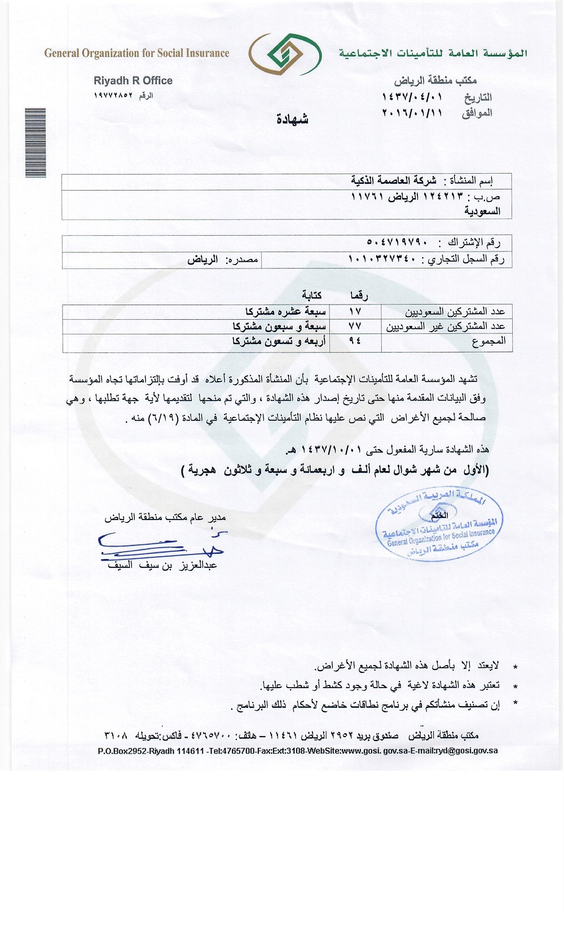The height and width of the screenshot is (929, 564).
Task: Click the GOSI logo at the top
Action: (x=285, y=54)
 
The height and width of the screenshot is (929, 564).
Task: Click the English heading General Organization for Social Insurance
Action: (x=136, y=54)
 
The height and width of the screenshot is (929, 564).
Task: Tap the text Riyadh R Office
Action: (x=133, y=81)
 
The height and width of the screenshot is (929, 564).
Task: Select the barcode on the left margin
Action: (x=35, y=143)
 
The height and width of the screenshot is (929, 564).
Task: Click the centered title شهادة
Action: (x=292, y=119)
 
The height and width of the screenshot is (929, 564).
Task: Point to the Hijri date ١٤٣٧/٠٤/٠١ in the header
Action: (x=412, y=98)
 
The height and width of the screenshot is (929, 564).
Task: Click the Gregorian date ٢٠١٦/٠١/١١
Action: (x=412, y=112)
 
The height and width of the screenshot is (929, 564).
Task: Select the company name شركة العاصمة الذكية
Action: (x=394, y=180)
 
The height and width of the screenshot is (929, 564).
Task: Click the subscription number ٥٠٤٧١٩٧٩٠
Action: (x=397, y=243)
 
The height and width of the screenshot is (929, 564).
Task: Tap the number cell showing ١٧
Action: (x=355, y=311)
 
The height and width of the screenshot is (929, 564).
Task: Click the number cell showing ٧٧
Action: (x=355, y=326)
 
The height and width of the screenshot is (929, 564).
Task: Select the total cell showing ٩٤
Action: (x=355, y=341)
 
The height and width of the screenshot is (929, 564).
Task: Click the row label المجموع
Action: (x=488, y=341)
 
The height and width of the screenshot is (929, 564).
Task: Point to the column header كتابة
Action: (x=311, y=296)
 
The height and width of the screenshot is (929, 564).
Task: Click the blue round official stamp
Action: (x=439, y=525)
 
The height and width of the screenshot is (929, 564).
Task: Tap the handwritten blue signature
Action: (x=161, y=545)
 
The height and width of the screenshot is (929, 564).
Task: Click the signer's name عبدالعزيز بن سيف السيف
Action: (x=162, y=565)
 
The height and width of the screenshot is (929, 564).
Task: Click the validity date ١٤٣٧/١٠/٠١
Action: (x=333, y=450)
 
